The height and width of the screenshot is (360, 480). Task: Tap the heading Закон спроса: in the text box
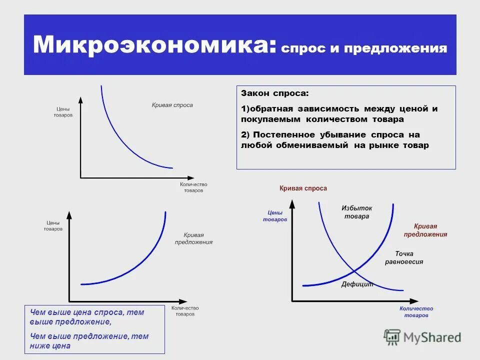pyautogui.click(x=275, y=93)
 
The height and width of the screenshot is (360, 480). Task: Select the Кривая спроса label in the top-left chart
pyautogui.click(x=172, y=105)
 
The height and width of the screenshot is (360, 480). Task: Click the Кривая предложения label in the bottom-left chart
pyautogui.click(x=193, y=238)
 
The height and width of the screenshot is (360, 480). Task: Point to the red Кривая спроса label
pyautogui.click(x=303, y=188)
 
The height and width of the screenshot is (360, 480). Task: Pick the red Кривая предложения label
pyautogui.click(x=425, y=230)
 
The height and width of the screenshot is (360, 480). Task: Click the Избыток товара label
pyautogui.click(x=356, y=212)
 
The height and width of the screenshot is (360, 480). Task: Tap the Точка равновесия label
pyautogui.click(x=404, y=257)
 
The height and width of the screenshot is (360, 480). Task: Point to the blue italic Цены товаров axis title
pyautogui.click(x=275, y=215)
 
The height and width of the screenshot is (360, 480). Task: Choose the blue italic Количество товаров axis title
pyautogui.click(x=416, y=312)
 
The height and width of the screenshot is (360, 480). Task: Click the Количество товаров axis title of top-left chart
pyautogui.click(x=193, y=187)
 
